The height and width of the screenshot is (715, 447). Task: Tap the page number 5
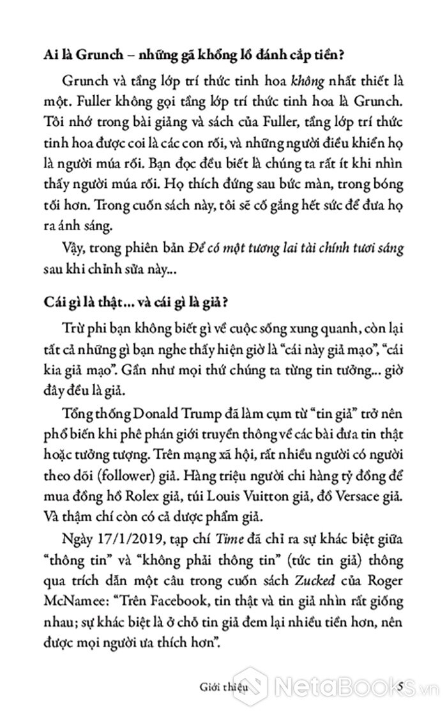[x=400, y=687]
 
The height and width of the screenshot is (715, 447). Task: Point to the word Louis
[x=245, y=479]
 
